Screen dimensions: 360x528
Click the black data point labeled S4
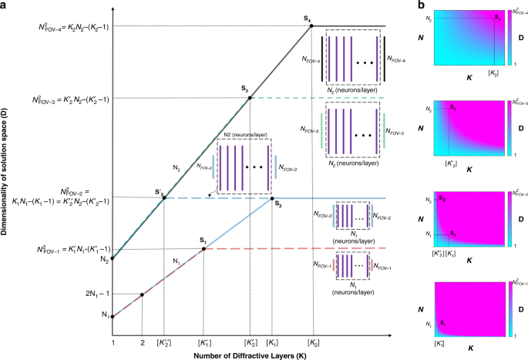click(x=311, y=25)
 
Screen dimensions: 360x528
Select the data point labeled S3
click(x=250, y=98)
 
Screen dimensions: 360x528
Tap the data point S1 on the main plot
click(x=203, y=248)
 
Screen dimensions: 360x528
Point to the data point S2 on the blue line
click(x=272, y=198)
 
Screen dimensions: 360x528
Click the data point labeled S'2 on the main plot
click(x=164, y=198)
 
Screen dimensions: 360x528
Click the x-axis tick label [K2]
click(x=313, y=341)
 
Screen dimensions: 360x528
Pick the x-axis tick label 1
click(x=113, y=341)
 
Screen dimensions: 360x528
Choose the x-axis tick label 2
click(x=143, y=341)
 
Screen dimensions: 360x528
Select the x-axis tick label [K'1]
click(x=203, y=341)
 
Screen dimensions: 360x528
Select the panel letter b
click(x=419, y=5)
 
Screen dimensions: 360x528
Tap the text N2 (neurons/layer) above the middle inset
click(x=245, y=134)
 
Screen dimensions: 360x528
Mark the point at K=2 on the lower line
click(x=143, y=294)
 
